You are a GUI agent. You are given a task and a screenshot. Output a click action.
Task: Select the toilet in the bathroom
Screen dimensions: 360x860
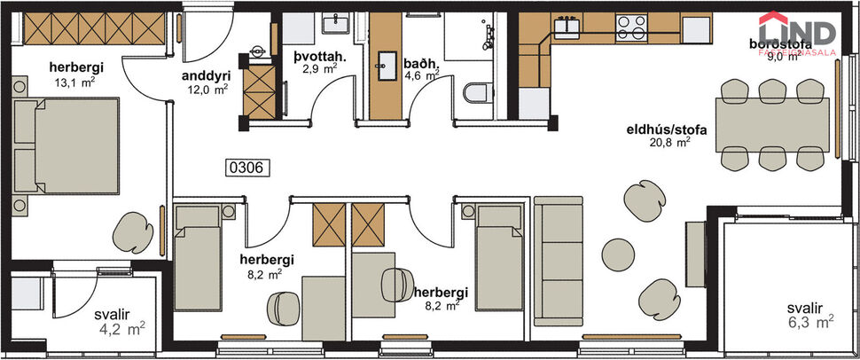pyautogui.click(x=475, y=93)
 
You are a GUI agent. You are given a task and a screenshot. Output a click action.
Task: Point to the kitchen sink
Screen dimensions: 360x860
pyautogui.click(x=567, y=27)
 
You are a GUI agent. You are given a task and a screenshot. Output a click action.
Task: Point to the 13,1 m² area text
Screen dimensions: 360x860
pyautogui.click(x=72, y=82)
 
